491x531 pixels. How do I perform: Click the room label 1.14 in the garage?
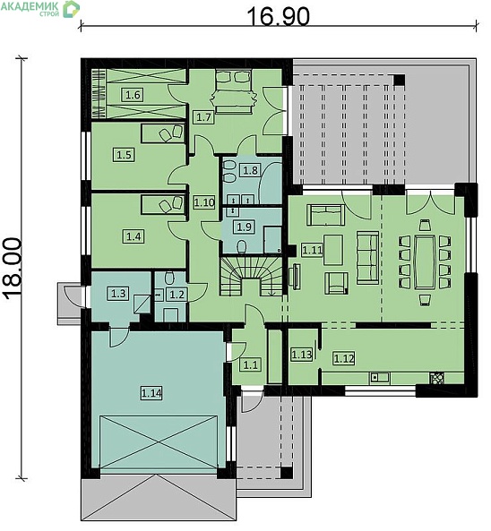tap(151, 393)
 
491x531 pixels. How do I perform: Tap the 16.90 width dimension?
tap(278, 17)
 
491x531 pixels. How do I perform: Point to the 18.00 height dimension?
tap(13, 269)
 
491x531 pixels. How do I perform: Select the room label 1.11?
tap(312, 250)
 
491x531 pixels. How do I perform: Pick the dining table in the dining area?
tap(424, 261)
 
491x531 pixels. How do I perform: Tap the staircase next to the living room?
tap(252, 276)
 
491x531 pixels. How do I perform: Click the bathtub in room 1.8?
tap(271, 184)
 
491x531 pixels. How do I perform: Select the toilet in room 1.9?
tap(241, 247)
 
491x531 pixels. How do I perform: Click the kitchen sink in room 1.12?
tap(380, 377)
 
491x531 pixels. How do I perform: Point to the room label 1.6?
tap(133, 95)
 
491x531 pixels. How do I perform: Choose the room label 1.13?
tap(301, 355)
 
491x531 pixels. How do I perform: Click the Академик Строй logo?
tap(40, 8)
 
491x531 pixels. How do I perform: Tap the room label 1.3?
tap(118, 294)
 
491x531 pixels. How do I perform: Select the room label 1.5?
tap(124, 155)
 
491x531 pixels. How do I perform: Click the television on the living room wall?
tap(295, 277)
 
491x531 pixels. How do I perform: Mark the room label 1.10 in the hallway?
tap(204, 202)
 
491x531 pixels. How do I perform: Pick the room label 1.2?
tap(177, 295)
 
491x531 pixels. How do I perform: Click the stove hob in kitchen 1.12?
tap(437, 378)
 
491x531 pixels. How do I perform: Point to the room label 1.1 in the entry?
tap(250, 365)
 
